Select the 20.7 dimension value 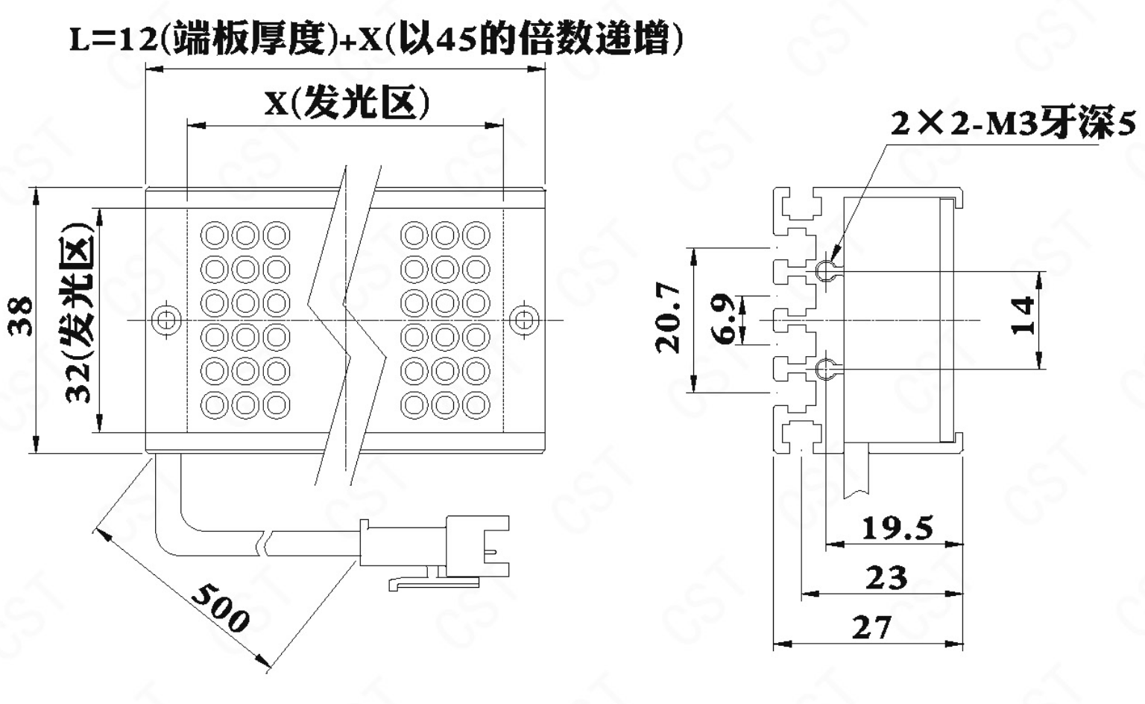point(669,318)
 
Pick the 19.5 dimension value point(897,528)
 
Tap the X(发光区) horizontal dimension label point(347,104)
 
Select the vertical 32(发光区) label point(81,313)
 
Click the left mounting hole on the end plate point(165,320)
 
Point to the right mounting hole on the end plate point(523,320)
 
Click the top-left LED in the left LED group point(215,235)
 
